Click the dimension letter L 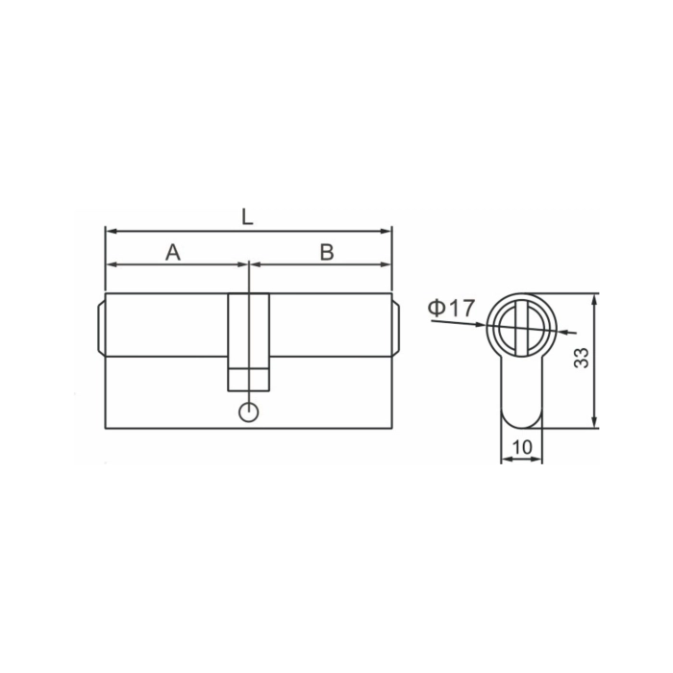[247, 217]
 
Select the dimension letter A [173, 252]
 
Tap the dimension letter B [327, 252]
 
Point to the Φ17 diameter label [452, 308]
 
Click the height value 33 [582, 358]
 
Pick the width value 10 [522, 447]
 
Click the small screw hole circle [248, 412]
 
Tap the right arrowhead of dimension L [386, 232]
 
